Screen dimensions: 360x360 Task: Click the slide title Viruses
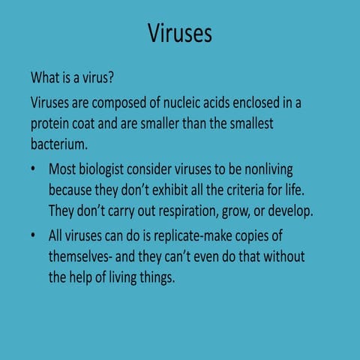pyautogui.click(x=180, y=34)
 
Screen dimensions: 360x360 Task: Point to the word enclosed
pyautogui.click(x=259, y=102)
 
